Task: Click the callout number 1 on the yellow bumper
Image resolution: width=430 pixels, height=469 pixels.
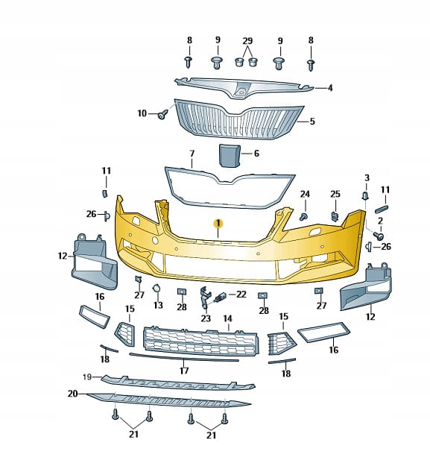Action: pyautogui.click(x=218, y=223)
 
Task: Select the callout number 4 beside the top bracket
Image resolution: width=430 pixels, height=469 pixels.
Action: pyautogui.click(x=330, y=88)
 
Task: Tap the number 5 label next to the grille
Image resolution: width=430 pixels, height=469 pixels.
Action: pyautogui.click(x=312, y=121)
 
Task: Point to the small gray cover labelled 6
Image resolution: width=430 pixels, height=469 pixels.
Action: pyautogui.click(x=230, y=155)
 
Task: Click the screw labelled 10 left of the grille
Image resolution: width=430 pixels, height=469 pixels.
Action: pyautogui.click(x=162, y=114)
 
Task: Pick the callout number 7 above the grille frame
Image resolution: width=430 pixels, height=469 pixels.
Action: pyautogui.click(x=192, y=154)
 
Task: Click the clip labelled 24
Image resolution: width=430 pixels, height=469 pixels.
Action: pyautogui.click(x=304, y=216)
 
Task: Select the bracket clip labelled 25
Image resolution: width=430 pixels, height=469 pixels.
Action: pyautogui.click(x=335, y=216)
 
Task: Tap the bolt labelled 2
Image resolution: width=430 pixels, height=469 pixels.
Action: pyautogui.click(x=379, y=236)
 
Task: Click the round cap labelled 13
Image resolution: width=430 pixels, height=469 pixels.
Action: pyautogui.click(x=156, y=289)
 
